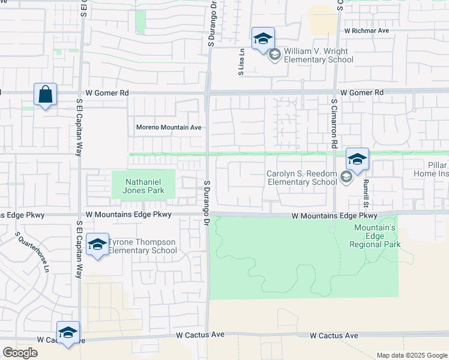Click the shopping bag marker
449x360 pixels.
click(45, 95)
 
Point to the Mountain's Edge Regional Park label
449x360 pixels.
click(375, 236)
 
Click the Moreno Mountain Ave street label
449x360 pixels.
click(169, 127)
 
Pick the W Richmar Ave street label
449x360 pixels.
click(367, 30)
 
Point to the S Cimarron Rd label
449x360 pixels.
click(334, 124)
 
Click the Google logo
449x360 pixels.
click(20, 353)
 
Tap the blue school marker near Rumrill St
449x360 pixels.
click(357, 160)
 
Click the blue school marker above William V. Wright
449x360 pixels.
click(263, 39)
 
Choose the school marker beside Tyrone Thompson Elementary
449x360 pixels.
click(97, 245)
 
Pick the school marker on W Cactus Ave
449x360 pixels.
click(68, 333)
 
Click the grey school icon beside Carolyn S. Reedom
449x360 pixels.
click(346, 176)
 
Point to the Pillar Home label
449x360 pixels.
click(430, 169)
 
